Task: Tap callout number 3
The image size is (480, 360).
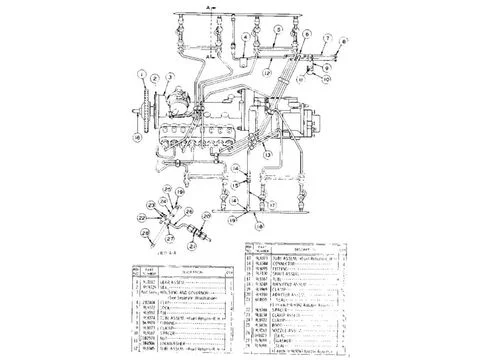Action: [x=171, y=76]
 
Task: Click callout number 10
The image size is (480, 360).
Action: [x=326, y=75]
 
